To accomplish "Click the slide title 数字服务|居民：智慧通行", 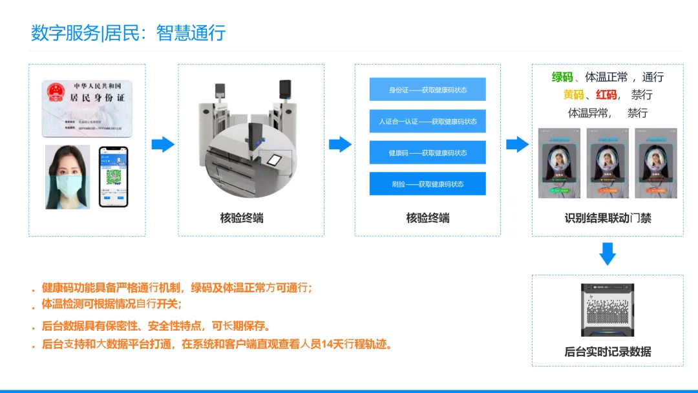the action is (128, 33).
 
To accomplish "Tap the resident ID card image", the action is (87, 108).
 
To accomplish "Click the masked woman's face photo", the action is (67, 176).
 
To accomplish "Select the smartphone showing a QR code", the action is (113, 176).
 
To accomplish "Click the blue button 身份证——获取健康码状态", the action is (427, 90).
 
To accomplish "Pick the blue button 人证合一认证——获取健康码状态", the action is (427, 121).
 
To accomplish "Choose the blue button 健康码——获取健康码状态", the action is (427, 153).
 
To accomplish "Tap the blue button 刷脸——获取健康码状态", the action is (427, 184).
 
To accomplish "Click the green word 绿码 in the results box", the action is (562, 78).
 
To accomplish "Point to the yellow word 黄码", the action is (573, 95).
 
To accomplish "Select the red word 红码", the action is (606, 95).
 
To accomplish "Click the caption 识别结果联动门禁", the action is (608, 218).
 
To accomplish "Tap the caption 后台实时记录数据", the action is (608, 352).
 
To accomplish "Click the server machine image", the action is (608, 310).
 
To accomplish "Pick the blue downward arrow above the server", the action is (608, 254).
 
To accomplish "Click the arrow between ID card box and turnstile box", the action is (163, 144).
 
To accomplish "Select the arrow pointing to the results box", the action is (517, 144).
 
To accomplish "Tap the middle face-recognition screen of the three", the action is (608, 163).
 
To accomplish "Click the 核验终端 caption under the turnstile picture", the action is (242, 218).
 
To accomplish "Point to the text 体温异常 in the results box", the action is (588, 113).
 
